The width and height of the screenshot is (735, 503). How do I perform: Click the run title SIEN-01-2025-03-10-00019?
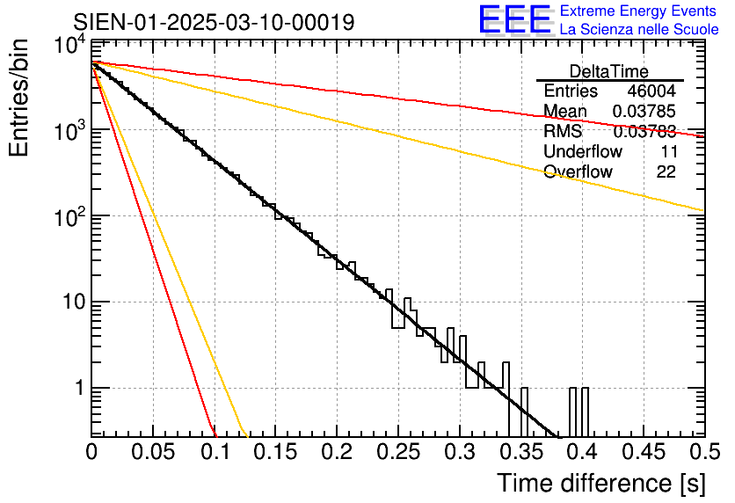pos(215,22)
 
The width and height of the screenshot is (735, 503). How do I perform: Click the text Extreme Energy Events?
pos(639,11)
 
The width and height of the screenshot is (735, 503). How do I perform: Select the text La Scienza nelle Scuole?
pos(639,30)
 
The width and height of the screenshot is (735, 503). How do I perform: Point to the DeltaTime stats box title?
pos(609,71)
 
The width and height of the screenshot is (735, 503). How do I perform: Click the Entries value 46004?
pos(651,91)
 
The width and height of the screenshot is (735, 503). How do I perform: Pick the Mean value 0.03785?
pos(644,112)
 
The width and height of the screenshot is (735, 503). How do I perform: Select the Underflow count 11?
pos(667,151)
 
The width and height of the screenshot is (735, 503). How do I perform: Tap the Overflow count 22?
pos(666,171)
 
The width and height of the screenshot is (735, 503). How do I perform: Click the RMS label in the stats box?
pos(563,132)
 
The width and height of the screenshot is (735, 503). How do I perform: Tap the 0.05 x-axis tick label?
pos(153,452)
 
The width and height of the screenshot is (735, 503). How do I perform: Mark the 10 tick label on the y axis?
pos(69,303)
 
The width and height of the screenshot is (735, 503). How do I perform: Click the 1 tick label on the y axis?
pos(76,388)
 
